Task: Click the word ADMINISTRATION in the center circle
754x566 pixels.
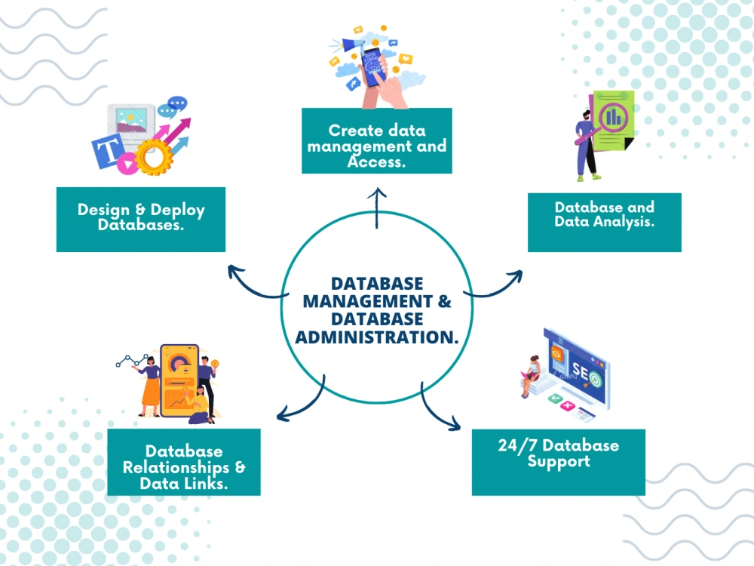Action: (x=376, y=337)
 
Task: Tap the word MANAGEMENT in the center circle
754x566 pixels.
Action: (x=368, y=301)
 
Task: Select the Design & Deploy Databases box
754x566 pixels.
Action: (x=141, y=220)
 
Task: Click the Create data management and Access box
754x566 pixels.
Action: (x=377, y=140)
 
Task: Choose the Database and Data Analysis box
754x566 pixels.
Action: (x=605, y=223)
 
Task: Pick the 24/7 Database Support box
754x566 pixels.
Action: (x=558, y=462)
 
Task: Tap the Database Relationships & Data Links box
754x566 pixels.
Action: (x=184, y=462)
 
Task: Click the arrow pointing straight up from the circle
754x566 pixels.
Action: (x=377, y=208)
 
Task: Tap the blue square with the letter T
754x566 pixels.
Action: (x=108, y=152)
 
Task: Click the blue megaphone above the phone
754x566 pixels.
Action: (x=354, y=45)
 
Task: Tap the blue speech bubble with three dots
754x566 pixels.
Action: (x=177, y=103)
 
